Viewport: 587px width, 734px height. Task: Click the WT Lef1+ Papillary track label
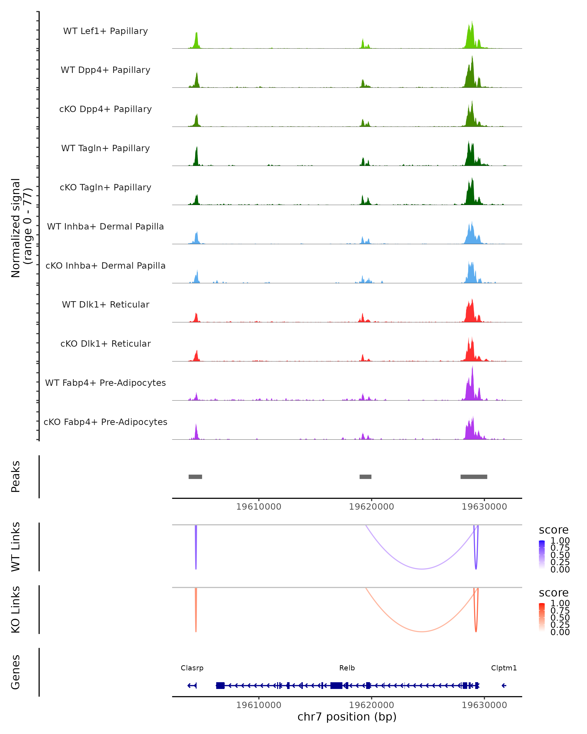point(105,31)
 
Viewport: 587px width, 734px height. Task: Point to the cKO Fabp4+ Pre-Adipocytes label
point(105,422)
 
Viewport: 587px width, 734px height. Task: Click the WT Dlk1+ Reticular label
point(105,304)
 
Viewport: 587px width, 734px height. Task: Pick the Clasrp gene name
point(192,668)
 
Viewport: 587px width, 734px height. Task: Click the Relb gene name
point(347,668)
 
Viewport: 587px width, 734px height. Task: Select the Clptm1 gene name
point(504,668)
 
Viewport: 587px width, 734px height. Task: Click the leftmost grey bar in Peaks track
point(195,477)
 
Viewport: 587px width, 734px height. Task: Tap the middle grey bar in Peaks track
point(365,477)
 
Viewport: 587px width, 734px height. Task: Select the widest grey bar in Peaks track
point(474,477)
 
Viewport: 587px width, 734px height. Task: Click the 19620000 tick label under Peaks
point(371,507)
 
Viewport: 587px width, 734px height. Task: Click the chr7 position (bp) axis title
point(347,717)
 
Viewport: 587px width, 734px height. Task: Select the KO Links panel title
point(16,609)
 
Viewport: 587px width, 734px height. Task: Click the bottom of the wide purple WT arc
point(422,569)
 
